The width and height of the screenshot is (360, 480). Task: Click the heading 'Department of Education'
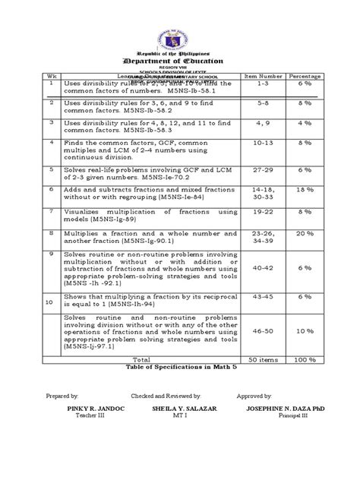[x=180, y=61]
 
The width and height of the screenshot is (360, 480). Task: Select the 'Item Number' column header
[x=260, y=76]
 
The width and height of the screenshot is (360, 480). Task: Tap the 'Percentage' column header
[x=304, y=76]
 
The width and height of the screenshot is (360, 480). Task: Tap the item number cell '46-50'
[x=260, y=331]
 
